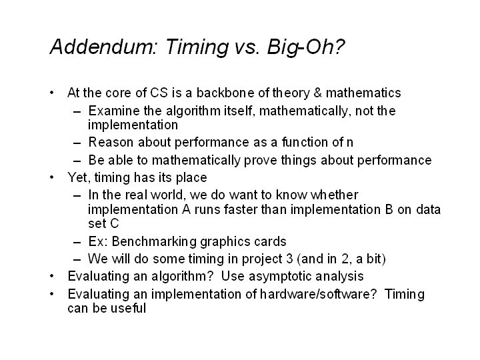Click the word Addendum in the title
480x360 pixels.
[103, 47]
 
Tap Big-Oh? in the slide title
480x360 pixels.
[306, 47]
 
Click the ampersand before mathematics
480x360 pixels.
[317, 93]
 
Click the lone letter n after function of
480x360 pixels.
[349, 143]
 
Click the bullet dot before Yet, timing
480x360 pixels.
[52, 177]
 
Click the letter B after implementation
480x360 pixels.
[389, 209]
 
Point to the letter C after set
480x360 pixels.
[114, 223]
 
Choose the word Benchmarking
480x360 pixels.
[154, 241]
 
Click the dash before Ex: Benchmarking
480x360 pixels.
[77, 243]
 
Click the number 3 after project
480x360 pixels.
[289, 259]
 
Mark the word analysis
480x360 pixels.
[339, 277]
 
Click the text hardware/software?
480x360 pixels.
[318, 294]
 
